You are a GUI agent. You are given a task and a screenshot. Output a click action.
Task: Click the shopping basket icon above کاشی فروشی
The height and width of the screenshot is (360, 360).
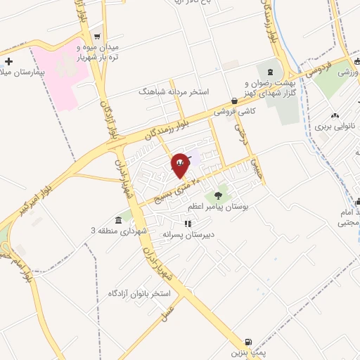234,101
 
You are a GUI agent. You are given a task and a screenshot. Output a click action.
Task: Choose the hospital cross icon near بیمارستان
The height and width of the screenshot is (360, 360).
8,63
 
